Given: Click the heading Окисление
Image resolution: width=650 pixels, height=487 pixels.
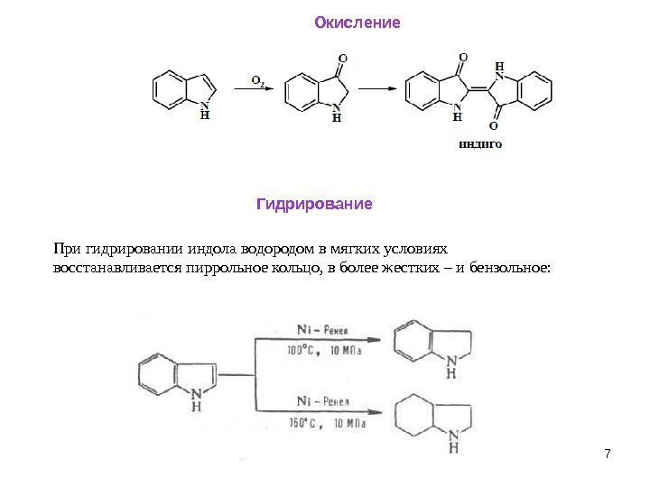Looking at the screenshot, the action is pyautogui.click(x=356, y=21).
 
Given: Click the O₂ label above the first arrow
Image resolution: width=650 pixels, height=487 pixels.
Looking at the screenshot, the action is pyautogui.click(x=257, y=80).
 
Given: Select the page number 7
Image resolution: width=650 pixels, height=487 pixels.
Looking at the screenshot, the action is pyautogui.click(x=607, y=452).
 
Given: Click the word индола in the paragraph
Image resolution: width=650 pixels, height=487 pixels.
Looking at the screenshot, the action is pyautogui.click(x=209, y=248).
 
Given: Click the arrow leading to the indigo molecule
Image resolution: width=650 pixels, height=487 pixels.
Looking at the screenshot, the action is pyautogui.click(x=378, y=88).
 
